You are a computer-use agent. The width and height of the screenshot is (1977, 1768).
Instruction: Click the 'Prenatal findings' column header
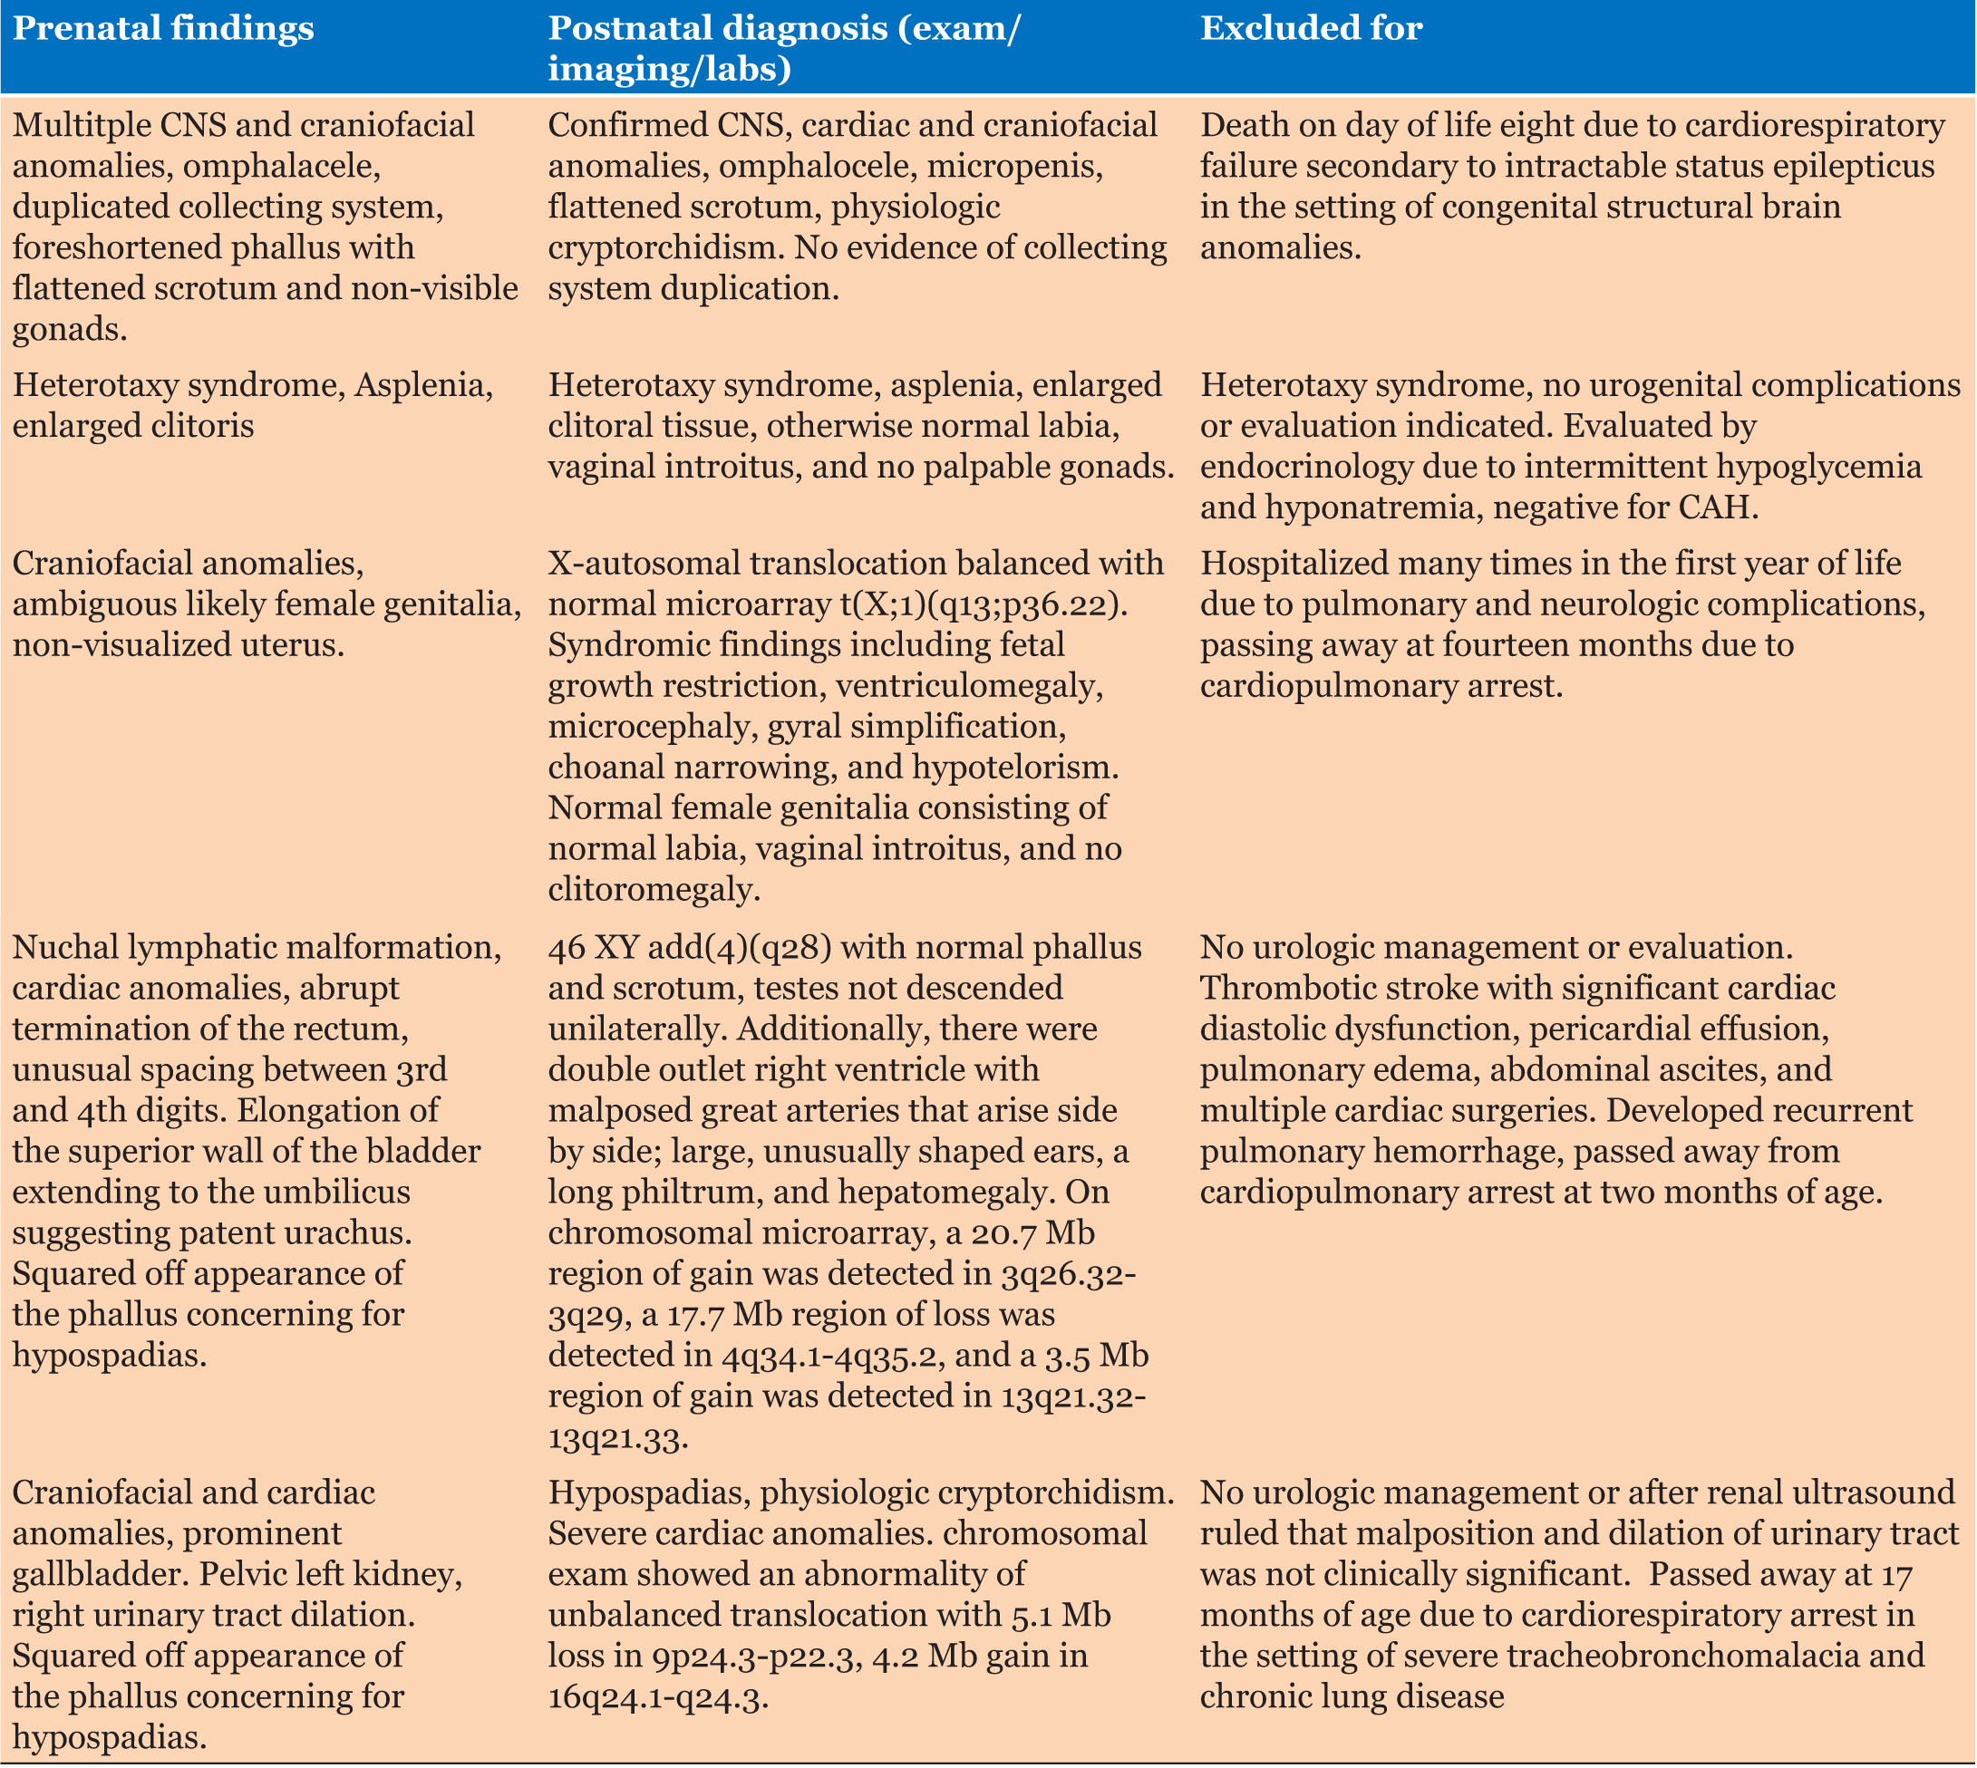click(163, 28)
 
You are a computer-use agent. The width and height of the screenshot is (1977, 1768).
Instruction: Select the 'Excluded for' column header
click(1312, 28)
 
